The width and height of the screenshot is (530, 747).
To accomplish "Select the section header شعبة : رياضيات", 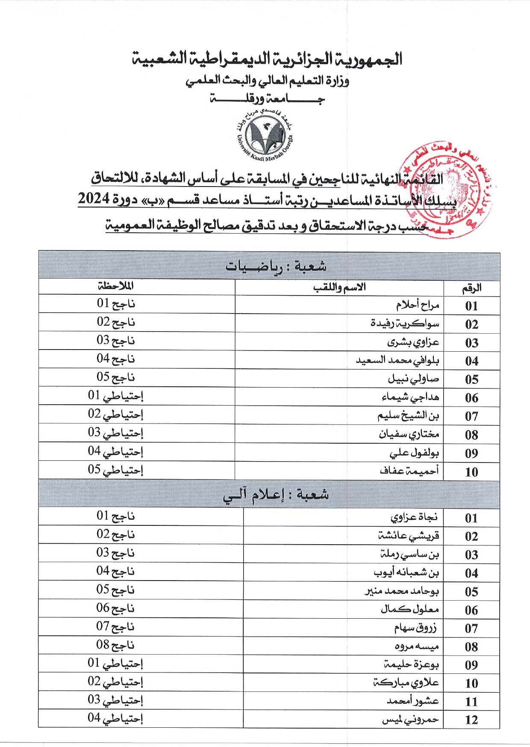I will (x=276, y=266).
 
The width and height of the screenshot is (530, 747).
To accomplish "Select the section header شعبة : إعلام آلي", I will (x=276, y=495).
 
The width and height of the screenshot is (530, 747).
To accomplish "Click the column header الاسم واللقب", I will (x=339, y=287).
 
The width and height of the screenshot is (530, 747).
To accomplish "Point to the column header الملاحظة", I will (x=115, y=286).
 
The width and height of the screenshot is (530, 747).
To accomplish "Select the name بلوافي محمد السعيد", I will (x=397, y=360).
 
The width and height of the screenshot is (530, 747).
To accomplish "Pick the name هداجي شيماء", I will (x=410, y=397).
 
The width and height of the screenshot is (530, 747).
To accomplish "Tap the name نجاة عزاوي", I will (x=414, y=517).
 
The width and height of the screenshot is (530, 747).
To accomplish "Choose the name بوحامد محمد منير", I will (x=401, y=591).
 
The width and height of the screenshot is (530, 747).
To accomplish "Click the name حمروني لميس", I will (x=410, y=720).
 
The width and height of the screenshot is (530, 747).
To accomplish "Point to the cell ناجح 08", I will (x=115, y=645).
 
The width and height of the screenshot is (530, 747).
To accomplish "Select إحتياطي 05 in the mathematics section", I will (x=115, y=470).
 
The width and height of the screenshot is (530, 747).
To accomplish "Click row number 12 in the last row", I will (x=471, y=720).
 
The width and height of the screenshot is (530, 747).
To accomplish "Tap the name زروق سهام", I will (x=415, y=628).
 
